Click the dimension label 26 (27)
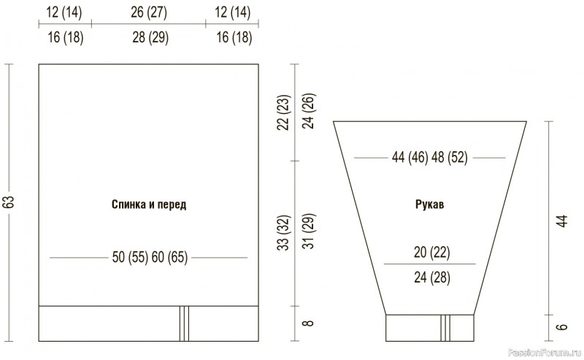(149, 12)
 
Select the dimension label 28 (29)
(150, 37)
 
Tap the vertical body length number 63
(9, 202)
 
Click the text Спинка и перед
(149, 204)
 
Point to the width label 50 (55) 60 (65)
(150, 257)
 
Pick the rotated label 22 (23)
(283, 112)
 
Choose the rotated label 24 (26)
(309, 111)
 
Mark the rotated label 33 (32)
(283, 233)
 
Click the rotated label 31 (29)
(309, 231)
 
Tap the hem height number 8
(308, 323)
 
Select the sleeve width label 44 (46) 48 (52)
(429, 157)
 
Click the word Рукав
(429, 204)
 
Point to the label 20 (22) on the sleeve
(431, 253)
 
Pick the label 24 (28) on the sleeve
(432, 277)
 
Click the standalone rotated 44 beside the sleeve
(562, 221)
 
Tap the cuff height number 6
(562, 327)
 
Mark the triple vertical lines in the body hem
(185, 323)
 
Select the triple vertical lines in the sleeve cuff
(445, 328)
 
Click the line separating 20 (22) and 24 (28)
(430, 264)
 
